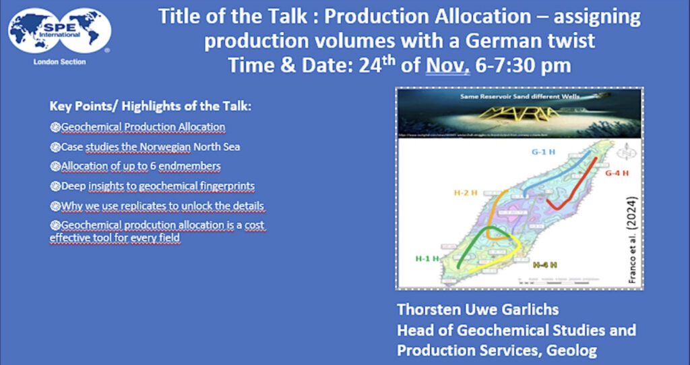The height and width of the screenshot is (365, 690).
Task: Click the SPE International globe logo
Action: [x=59, y=31]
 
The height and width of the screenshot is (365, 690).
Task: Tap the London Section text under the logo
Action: [x=59, y=61]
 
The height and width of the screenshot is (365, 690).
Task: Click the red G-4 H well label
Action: [x=617, y=173]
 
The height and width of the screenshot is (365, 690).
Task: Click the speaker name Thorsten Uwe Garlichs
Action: [x=488, y=312]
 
